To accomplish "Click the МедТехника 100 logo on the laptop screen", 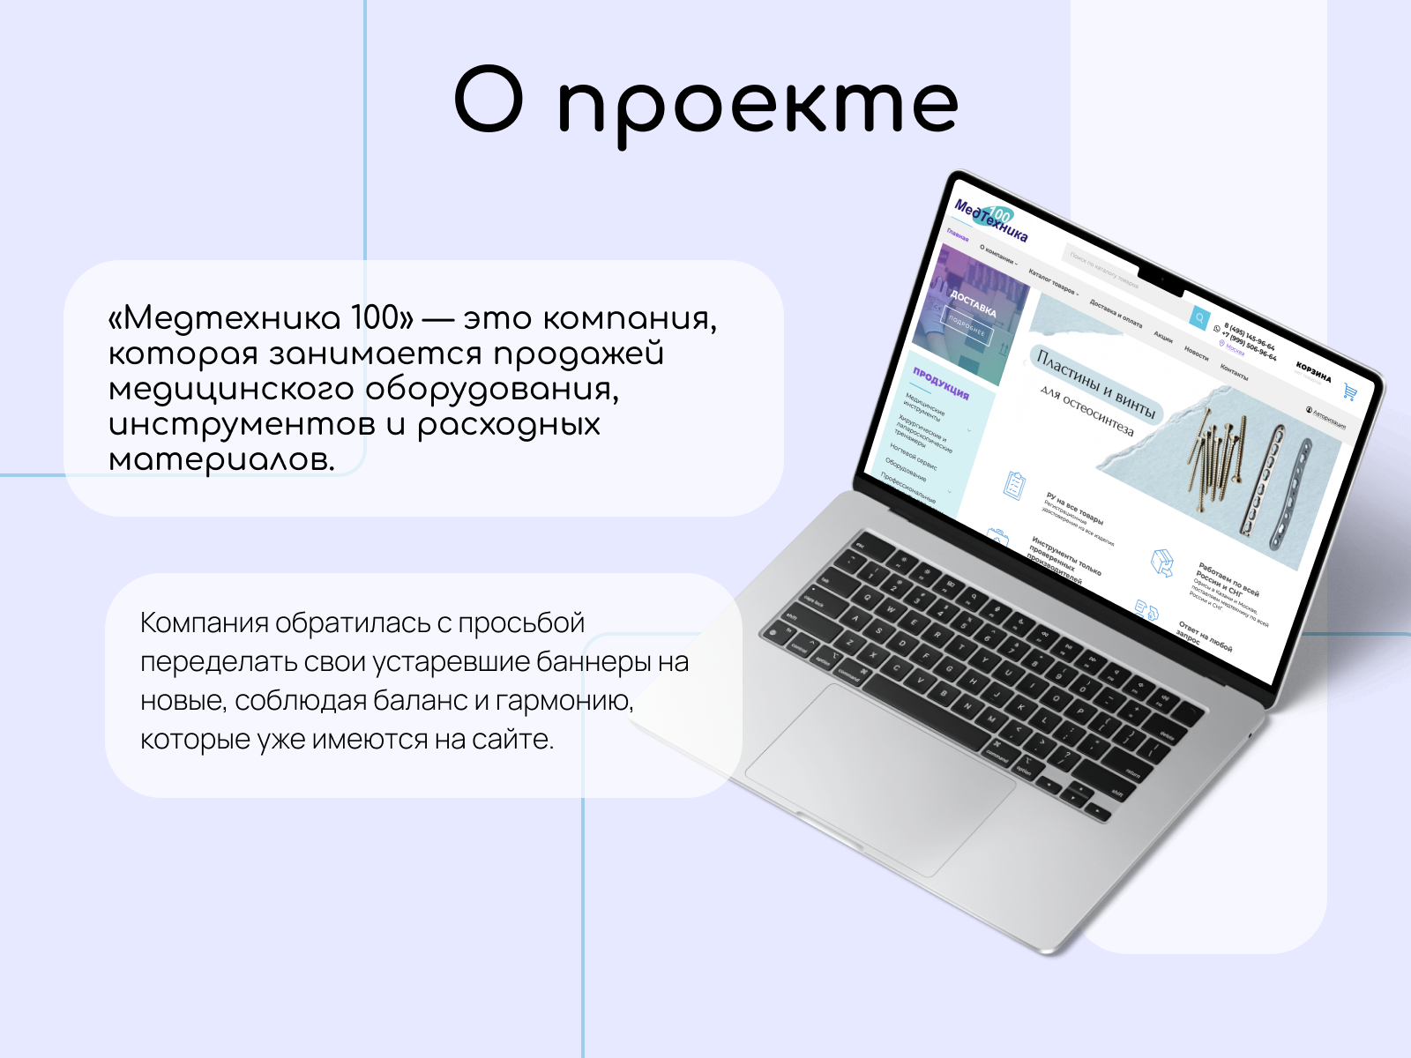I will (991, 220).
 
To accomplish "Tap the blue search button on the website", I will (1199, 317).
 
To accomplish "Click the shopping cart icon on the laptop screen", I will (1349, 392).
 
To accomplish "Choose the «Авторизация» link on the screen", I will (1327, 417).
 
